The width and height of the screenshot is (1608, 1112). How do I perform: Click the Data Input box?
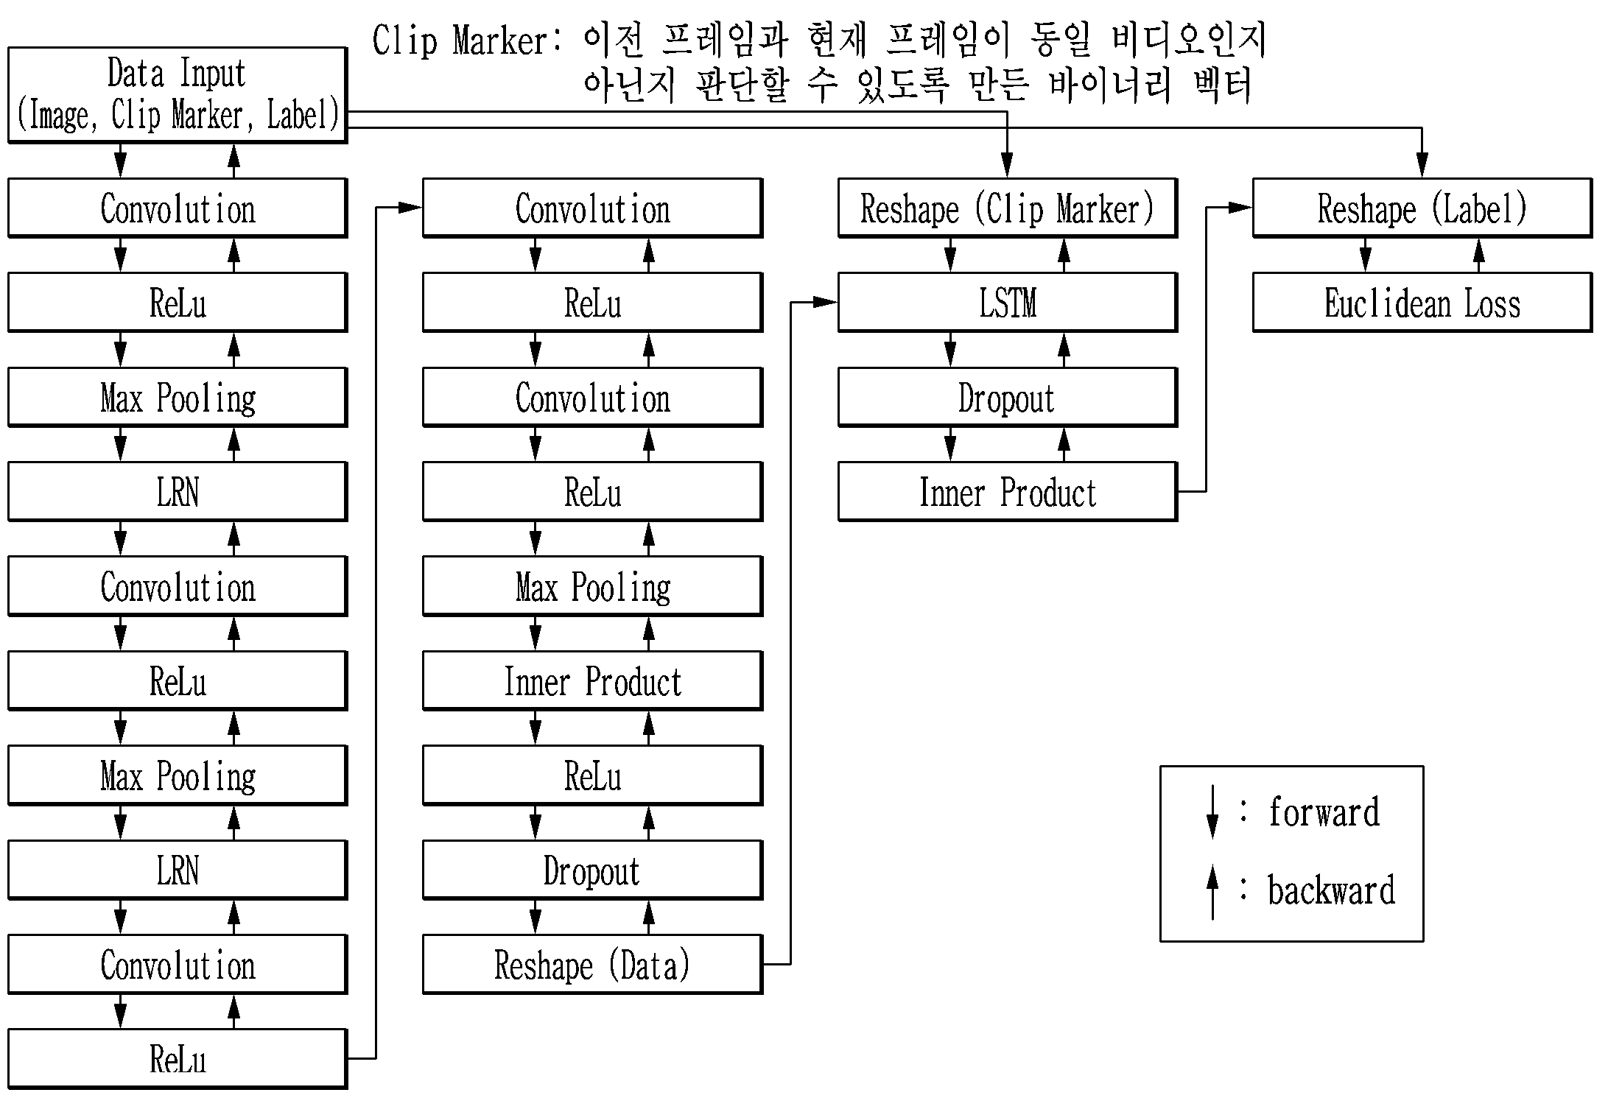(178, 95)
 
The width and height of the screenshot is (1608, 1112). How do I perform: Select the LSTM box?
(1008, 303)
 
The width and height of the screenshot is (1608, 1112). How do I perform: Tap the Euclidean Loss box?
(1422, 303)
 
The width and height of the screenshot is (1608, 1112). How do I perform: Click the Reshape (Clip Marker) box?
(1008, 208)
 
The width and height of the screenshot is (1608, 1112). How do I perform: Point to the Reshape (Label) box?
(1422, 208)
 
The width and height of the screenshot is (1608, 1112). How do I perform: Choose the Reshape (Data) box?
(593, 965)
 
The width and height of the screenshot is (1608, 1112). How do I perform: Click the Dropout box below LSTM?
(1008, 398)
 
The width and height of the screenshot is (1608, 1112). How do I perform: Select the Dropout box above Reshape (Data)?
(593, 870)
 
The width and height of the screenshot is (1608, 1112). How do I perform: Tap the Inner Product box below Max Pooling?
(593, 681)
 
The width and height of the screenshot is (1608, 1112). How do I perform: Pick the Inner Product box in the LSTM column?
(1008, 492)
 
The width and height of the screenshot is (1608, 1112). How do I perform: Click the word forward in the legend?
(1324, 812)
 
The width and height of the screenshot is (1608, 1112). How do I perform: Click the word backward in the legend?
(1332, 890)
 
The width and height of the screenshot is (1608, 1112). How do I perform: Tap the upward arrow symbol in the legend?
(1212, 893)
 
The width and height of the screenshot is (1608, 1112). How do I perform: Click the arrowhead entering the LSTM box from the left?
(826, 302)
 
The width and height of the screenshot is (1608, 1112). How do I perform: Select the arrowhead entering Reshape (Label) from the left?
(1240, 208)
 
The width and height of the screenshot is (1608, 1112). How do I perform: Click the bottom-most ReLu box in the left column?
(178, 1059)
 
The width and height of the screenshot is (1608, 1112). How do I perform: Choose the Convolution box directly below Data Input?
(178, 208)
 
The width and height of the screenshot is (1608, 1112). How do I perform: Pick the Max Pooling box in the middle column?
(593, 587)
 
